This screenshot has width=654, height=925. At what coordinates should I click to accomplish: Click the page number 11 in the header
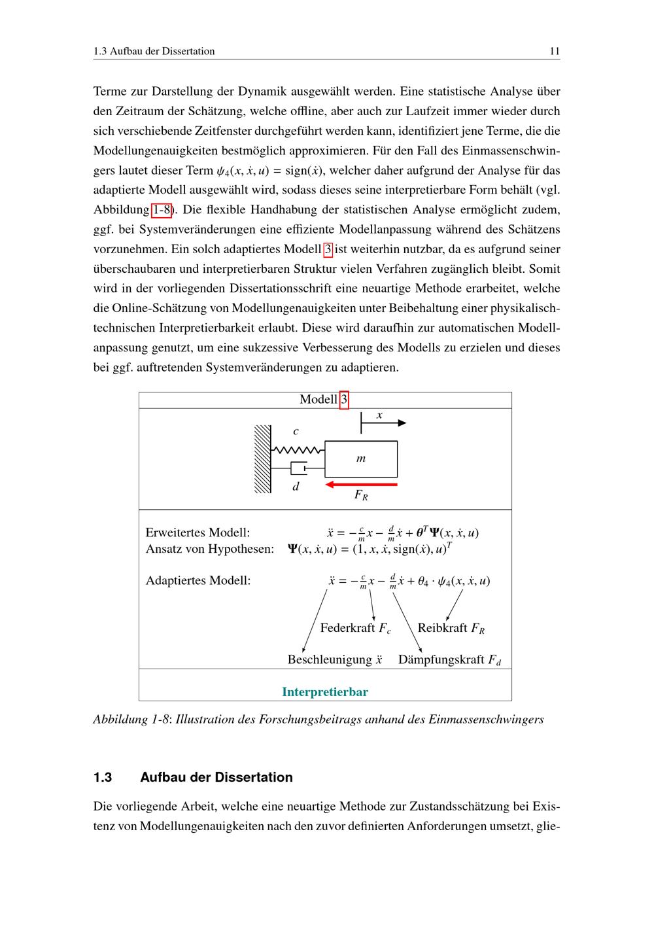555,51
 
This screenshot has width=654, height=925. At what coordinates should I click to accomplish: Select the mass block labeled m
361,459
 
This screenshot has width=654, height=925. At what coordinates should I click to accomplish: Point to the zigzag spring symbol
298,450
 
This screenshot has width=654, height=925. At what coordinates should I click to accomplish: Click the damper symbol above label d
299,468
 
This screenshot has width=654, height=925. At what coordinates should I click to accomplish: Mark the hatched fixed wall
263,459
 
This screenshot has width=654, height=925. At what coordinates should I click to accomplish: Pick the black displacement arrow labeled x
384,423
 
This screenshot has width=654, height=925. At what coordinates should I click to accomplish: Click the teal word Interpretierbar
325,691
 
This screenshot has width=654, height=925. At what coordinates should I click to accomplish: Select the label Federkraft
348,628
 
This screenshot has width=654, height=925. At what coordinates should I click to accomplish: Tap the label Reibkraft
443,628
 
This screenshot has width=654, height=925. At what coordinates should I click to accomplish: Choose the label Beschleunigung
330,659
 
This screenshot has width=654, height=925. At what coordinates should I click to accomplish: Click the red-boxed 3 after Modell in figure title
345,400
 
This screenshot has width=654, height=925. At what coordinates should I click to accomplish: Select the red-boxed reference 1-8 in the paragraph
162,210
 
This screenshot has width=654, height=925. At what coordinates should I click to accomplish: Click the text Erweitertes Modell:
198,532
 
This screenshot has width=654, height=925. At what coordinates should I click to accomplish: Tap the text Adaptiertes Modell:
198,580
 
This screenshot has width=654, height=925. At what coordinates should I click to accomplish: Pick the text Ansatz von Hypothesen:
209,549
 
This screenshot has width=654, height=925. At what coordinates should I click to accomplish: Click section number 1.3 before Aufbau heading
103,777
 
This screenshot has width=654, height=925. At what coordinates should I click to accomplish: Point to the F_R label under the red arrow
361,495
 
